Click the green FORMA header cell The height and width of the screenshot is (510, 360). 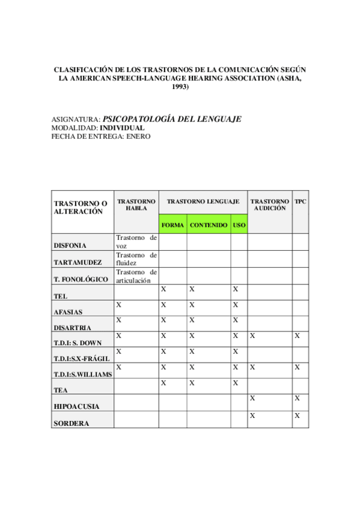tap(172, 225)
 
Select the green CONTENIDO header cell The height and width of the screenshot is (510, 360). tap(209, 225)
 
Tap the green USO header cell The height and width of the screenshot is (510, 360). tap(239, 225)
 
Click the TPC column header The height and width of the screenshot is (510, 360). tap(300, 201)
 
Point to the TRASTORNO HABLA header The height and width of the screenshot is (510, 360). tap(136, 204)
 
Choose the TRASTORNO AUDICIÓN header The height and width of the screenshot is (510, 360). tap(270, 204)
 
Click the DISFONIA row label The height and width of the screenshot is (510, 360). tap(70, 245)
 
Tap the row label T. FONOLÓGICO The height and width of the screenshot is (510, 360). tap(81, 280)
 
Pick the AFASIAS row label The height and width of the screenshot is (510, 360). tap(68, 312)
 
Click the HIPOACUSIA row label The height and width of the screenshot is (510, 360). tap(76, 407)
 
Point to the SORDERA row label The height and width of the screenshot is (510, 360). tap(71, 423)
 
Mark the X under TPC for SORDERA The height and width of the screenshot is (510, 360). tap(297, 416)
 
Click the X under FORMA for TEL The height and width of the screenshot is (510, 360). tap(163, 289)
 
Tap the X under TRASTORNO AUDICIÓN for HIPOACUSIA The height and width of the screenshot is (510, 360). tap(252, 398)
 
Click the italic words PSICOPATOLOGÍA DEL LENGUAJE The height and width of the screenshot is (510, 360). tap(172, 119)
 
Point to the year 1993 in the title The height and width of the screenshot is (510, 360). tap(180, 87)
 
